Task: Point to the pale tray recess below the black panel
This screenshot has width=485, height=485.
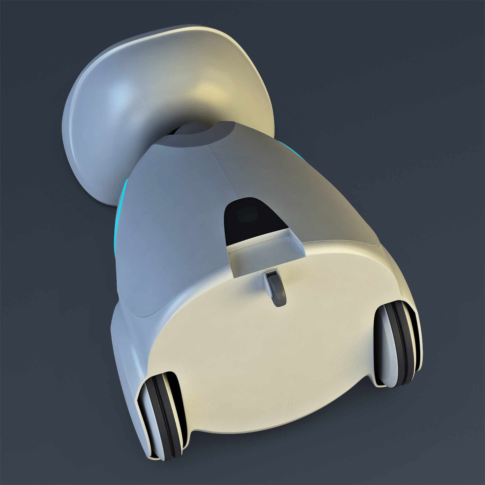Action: [x=265, y=248]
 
